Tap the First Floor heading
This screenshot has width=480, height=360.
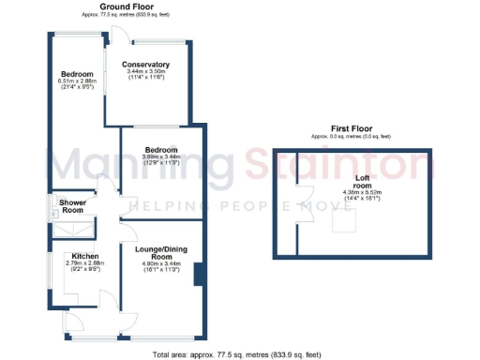click(354, 128)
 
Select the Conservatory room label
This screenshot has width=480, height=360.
click(144, 64)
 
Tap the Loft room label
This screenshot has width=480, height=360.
click(360, 181)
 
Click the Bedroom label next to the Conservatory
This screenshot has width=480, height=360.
click(77, 73)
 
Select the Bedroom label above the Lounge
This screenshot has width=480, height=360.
click(158, 148)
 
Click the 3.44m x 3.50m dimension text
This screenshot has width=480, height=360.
click(144, 71)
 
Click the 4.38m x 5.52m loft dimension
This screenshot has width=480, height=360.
click(360, 193)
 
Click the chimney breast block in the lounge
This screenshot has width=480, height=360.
click(198, 275)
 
